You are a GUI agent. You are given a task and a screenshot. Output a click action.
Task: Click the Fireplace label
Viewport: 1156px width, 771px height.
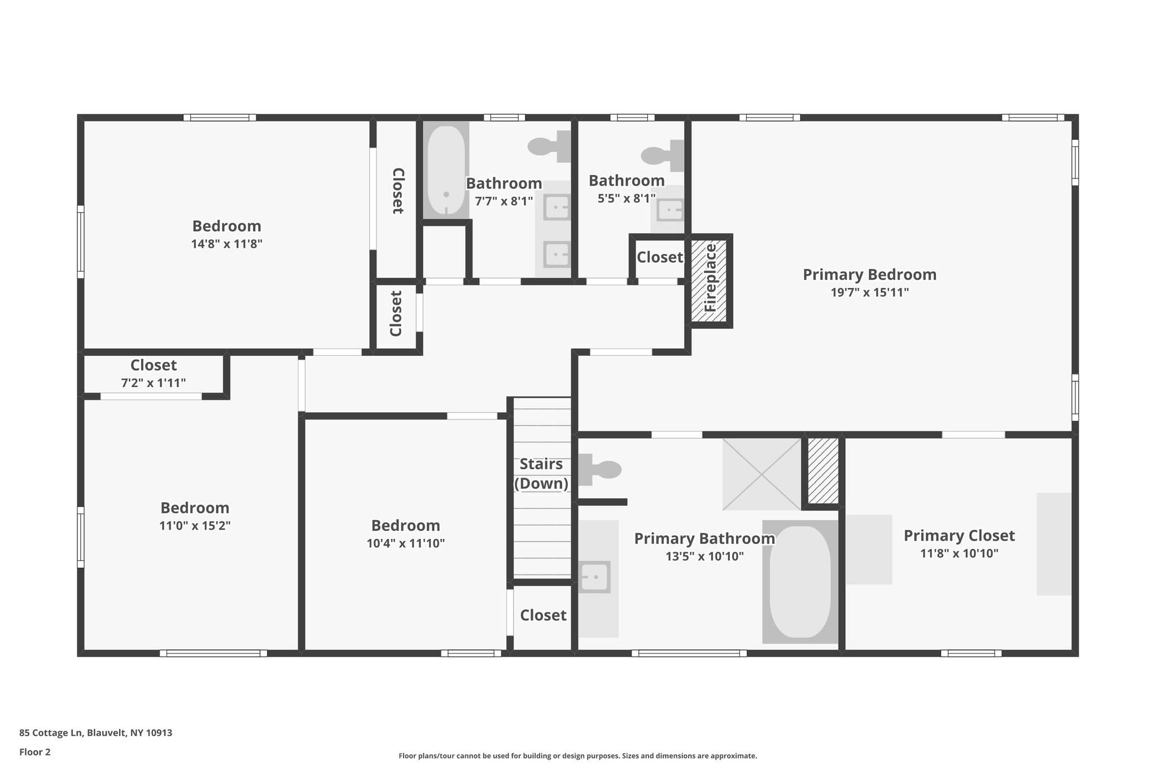(710, 278)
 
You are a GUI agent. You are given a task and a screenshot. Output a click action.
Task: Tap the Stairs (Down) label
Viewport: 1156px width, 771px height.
(541, 473)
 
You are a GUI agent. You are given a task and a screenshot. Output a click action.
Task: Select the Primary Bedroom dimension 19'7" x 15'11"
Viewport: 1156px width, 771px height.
(869, 293)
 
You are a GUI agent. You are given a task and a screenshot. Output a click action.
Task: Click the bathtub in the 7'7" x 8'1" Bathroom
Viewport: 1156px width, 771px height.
(446, 170)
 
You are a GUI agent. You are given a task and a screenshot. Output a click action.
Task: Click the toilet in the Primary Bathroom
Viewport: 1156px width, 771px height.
(599, 469)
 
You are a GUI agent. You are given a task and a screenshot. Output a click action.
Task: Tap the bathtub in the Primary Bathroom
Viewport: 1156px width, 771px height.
(800, 582)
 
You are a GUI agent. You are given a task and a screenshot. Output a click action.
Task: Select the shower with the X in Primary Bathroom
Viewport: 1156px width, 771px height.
(761, 474)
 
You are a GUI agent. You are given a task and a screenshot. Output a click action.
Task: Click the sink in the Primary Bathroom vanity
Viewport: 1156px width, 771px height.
(594, 577)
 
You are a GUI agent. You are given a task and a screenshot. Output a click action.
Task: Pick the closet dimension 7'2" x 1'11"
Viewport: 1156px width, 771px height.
(154, 383)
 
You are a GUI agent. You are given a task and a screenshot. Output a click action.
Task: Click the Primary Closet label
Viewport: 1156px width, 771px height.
(959, 535)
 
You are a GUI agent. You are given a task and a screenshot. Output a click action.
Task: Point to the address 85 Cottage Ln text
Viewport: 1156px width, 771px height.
(95, 733)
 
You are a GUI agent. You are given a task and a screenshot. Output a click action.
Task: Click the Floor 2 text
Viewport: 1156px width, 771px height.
(35, 752)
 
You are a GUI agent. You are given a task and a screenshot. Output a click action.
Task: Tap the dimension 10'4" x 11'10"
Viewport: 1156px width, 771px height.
(405, 543)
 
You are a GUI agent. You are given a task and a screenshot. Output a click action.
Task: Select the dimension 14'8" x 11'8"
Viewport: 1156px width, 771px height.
(226, 244)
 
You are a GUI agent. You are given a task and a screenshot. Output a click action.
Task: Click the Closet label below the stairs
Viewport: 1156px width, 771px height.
(543, 615)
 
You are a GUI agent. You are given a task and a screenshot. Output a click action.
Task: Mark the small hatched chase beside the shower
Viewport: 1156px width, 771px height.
(822, 471)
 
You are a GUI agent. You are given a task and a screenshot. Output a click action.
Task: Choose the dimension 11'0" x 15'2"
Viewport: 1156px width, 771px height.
(195, 526)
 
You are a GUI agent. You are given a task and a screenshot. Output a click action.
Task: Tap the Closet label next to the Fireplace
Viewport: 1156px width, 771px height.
(659, 257)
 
